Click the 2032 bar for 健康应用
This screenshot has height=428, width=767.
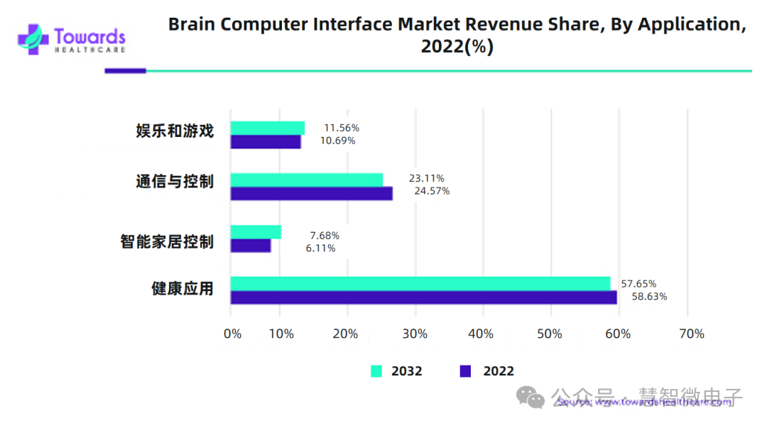[420, 283]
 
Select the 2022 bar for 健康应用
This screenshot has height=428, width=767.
[423, 297]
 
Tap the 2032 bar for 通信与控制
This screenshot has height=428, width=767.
[306, 180]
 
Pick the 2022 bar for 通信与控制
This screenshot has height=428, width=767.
[311, 193]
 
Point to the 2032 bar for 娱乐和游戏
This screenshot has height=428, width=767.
[267, 128]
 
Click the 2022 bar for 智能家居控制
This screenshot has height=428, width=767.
[250, 245]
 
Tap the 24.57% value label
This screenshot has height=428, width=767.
[432, 191]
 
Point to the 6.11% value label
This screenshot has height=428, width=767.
[321, 248]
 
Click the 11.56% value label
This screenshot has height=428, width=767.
[342, 128]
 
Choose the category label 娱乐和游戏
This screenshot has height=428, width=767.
[175, 131]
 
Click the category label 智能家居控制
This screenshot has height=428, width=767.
[167, 241]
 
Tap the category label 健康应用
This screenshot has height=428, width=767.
[183, 288]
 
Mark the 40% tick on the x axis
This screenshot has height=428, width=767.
[482, 334]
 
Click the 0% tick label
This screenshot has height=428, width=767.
[232, 334]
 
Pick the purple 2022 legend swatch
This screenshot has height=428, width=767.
[466, 371]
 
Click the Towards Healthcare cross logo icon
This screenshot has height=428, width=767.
[33, 40]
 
